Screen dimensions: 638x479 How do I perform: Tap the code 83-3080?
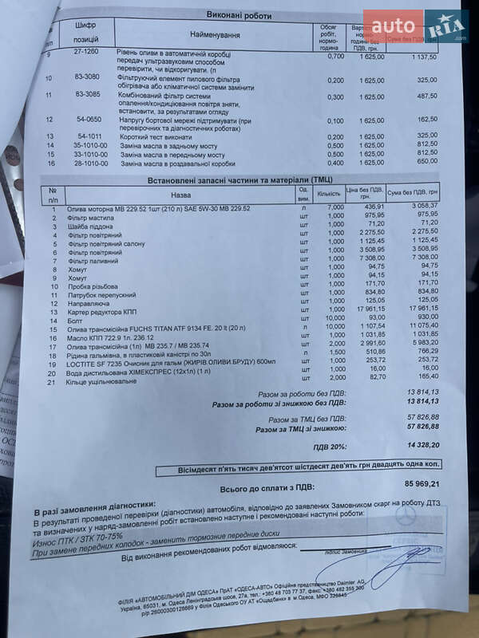[x=87, y=78]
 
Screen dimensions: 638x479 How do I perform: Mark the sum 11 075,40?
[x=421, y=327]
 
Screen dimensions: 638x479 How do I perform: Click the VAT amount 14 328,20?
[x=422, y=446]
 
